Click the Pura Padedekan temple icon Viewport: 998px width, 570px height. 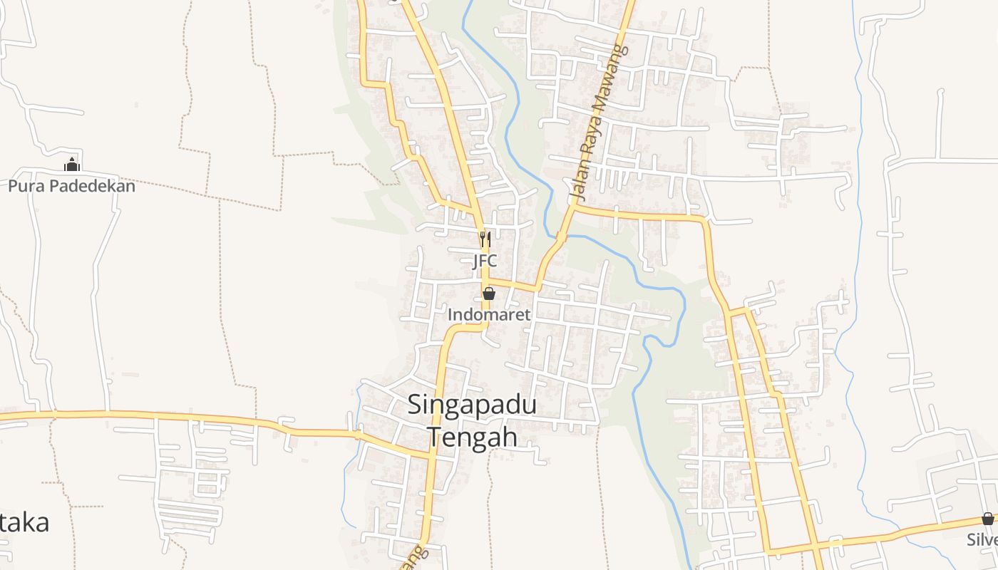tap(71, 165)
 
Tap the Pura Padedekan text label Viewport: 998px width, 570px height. tap(71, 187)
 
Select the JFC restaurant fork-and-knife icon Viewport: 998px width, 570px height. tap(485, 238)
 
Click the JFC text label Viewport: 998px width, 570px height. tap(485, 261)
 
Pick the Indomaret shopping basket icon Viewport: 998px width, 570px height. tap(489, 293)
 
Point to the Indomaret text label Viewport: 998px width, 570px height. tap(489, 314)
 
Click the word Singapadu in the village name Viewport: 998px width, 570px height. tap(472, 405)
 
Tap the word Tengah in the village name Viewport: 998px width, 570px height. tap(472, 436)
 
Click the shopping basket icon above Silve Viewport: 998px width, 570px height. tap(987, 518)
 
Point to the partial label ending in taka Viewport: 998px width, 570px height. tap(25, 522)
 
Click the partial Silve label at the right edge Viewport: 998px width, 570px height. tap(982, 539)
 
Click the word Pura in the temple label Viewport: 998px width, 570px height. tap(23, 187)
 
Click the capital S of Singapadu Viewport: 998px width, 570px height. tap(415, 405)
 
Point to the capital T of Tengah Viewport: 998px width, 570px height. tap(433, 436)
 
